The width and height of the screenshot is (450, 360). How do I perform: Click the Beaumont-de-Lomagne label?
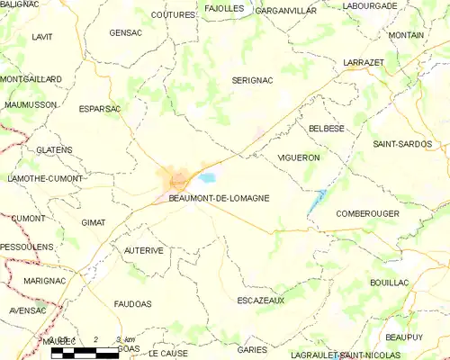pos(219,198)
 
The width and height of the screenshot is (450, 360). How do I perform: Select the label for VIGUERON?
pos(299,157)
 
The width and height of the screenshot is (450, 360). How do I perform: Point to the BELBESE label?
pos(327,129)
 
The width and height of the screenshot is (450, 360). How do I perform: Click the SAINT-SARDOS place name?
pos(402,144)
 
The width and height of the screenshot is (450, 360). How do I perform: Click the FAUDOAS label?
pos(136,303)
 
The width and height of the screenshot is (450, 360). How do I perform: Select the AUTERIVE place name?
pos(144,250)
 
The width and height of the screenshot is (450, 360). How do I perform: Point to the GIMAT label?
pos(94,221)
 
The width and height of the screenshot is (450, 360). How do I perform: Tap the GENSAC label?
pos(125,32)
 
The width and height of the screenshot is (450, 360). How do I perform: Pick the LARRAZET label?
pos(364,62)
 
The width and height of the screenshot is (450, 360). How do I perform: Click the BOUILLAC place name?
pos(389,283)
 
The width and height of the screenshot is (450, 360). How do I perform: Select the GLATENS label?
pos(55,149)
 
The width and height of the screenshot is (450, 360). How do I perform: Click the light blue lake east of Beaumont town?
pos(208,178)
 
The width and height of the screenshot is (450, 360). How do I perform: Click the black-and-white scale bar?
pos(85,353)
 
